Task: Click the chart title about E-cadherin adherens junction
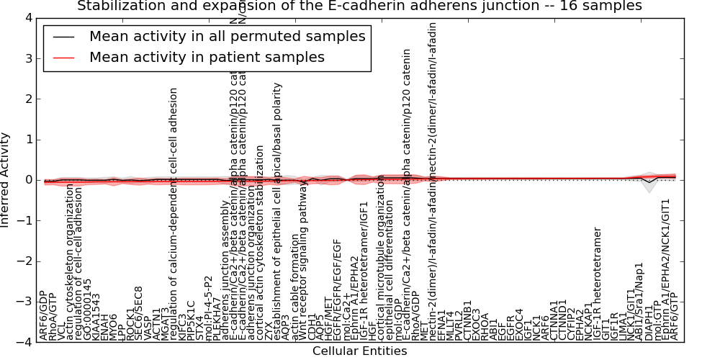359,6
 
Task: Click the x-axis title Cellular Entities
359,351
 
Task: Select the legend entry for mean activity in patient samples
207,57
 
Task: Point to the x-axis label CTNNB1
467,320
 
